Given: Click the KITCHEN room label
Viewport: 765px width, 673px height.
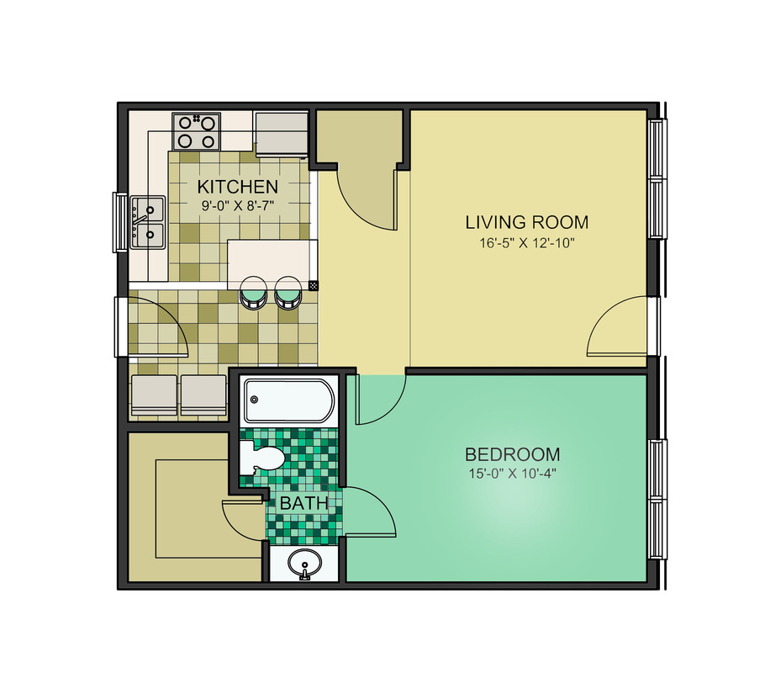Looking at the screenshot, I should (237, 186).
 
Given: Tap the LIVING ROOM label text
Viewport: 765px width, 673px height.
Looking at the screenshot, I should (526, 223).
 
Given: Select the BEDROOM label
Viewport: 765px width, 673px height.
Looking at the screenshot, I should (512, 454).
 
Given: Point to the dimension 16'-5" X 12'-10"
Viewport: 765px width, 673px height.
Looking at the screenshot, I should (526, 244).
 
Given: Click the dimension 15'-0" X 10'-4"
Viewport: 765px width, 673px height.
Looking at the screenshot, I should (512, 474).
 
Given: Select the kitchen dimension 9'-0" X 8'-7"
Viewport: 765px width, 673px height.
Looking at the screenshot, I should (237, 204).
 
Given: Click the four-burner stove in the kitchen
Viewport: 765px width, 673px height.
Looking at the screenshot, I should (196, 131).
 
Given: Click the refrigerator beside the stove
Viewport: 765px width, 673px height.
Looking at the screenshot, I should (282, 133).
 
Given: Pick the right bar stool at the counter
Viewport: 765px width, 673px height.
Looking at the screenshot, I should (288, 291).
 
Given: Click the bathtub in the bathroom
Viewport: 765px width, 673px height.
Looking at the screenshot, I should (288, 401).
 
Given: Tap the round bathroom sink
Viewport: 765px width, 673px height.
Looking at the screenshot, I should (303, 563).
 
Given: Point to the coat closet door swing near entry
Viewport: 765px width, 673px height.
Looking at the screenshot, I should (368, 198).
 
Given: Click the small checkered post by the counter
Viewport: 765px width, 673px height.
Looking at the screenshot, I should (314, 286).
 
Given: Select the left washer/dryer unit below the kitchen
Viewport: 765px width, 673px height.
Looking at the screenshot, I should (154, 395).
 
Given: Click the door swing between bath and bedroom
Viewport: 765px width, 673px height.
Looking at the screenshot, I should (370, 510).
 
